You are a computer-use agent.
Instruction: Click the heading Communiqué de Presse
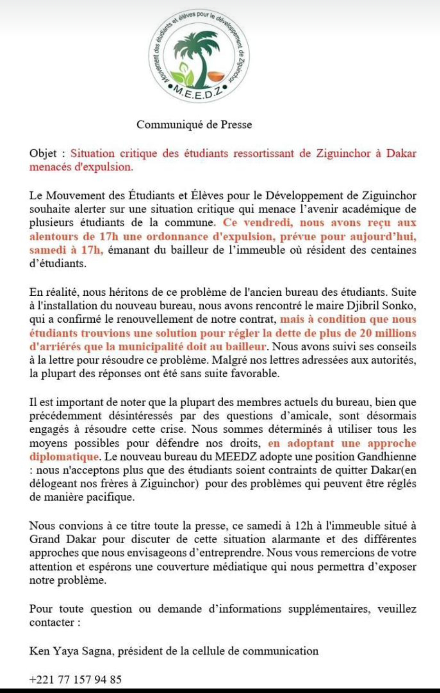click(x=194, y=124)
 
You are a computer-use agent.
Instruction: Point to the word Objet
click(x=43, y=154)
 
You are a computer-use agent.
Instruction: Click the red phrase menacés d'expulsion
click(x=81, y=167)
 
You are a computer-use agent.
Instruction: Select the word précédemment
click(x=65, y=416)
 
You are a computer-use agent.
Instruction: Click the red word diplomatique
click(x=64, y=456)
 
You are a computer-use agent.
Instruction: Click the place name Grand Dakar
click(x=62, y=539)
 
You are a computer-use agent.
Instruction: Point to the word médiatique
click(x=238, y=567)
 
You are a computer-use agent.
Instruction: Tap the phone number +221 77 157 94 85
click(x=76, y=679)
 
